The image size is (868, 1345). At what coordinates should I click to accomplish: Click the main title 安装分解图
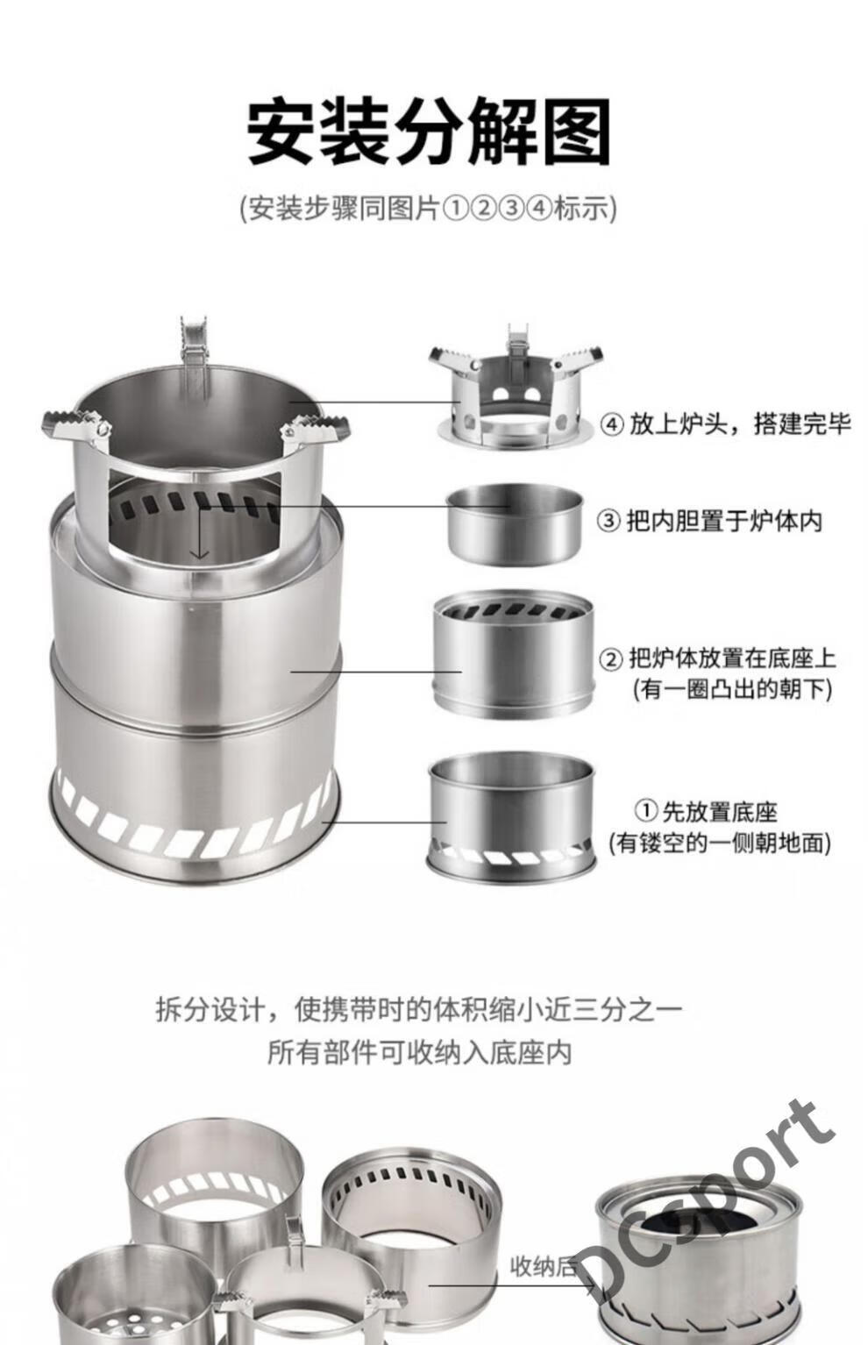428,132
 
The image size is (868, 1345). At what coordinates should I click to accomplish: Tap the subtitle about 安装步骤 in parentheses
428,209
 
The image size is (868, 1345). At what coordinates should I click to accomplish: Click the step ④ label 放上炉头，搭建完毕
725,423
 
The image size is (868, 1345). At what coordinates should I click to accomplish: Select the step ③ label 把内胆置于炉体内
709,520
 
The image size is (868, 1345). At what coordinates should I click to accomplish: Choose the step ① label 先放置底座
706,811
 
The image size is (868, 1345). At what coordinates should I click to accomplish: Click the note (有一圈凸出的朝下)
730,689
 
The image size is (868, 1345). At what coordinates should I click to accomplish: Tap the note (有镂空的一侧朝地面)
719,843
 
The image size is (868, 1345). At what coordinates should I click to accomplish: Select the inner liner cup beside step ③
515,523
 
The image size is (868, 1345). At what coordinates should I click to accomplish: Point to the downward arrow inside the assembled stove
200,536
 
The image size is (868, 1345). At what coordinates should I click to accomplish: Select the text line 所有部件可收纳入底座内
418,1051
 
